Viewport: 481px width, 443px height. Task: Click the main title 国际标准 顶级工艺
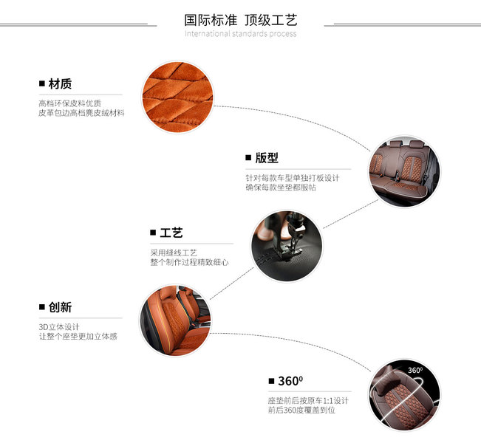pyautogui.click(x=241, y=19)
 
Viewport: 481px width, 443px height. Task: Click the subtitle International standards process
pyautogui.click(x=241, y=34)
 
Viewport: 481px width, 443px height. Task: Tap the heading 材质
pyautogui.click(x=59, y=84)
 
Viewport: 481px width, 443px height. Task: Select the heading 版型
pyautogui.click(x=266, y=158)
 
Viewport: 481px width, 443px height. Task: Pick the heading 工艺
pyautogui.click(x=171, y=233)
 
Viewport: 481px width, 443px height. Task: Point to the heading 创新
pyautogui.click(x=59, y=307)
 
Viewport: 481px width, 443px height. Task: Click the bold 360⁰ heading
pyautogui.click(x=290, y=381)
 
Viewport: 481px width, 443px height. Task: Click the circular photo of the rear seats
pyautogui.click(x=403, y=171)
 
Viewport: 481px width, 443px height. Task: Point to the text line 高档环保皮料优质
pyautogui.click(x=69, y=103)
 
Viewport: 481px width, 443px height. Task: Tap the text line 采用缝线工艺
pyautogui.click(x=174, y=253)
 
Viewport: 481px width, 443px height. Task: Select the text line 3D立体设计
pyautogui.click(x=59, y=326)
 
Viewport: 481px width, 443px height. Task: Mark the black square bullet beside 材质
pyautogui.click(x=42, y=84)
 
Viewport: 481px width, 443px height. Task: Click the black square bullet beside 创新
pyautogui.click(x=42, y=307)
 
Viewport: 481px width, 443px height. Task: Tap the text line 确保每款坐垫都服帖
pyautogui.click(x=282, y=188)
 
